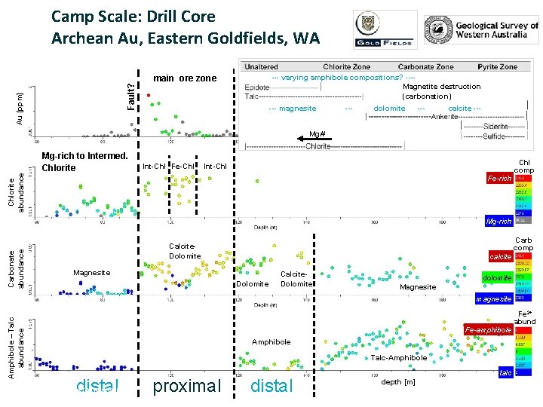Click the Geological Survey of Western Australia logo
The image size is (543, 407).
480,29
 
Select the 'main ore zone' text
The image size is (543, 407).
184,78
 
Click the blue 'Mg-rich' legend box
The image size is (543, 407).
499,222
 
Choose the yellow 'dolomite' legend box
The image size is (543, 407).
497,278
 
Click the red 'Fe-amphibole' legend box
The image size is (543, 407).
489,330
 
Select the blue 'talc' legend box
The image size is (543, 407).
507,373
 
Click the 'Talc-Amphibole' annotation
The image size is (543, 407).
399,358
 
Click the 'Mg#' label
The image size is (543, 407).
317,133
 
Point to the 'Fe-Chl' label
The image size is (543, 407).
183,166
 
